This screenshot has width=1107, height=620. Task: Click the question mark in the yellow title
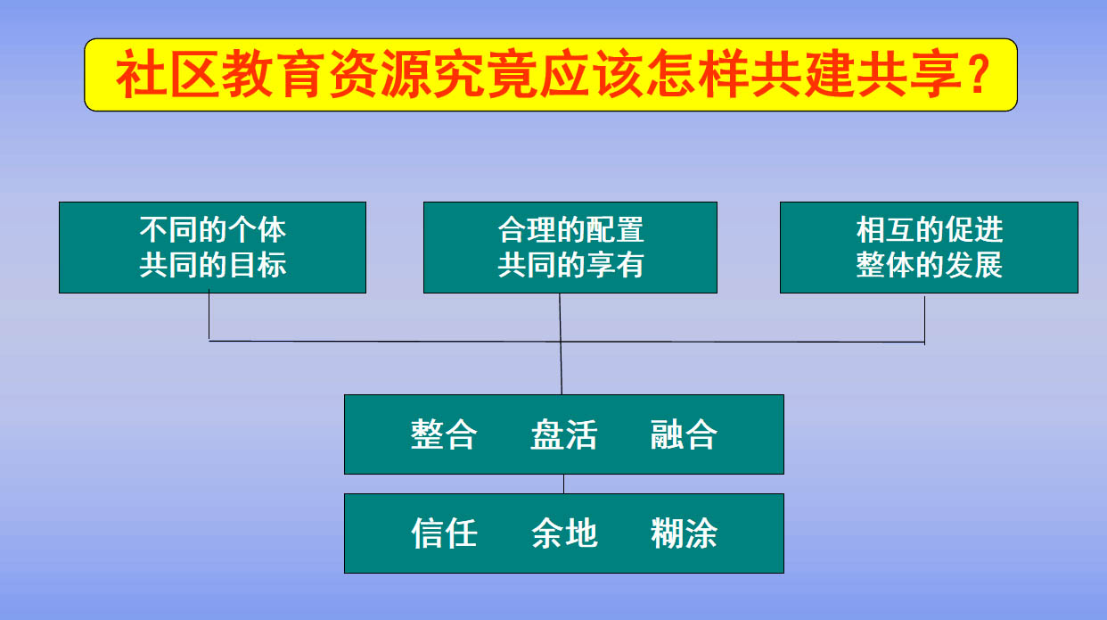pos(980,74)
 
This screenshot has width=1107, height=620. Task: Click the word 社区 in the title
pos(168,74)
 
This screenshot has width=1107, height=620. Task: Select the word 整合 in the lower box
pos(444,434)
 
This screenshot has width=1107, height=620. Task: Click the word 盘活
pos(564,434)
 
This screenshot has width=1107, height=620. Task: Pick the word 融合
pos(684,434)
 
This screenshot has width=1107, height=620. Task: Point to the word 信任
pos(444,533)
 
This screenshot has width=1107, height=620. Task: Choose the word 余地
pos(564,533)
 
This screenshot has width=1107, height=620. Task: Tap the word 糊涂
pos(684,533)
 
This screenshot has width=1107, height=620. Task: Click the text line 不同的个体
pos(212,230)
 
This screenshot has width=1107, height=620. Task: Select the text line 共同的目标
pos(212,265)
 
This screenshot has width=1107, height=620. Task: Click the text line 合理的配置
pos(570,230)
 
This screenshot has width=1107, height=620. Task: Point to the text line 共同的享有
pos(570,265)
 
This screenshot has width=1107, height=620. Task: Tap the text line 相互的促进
pos(929,230)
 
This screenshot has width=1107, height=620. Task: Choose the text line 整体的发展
pos(929,265)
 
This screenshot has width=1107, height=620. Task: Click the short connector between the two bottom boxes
pos(564,484)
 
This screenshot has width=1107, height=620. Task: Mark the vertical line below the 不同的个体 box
pos(209,316)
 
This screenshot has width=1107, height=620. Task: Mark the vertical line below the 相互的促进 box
pos(924,319)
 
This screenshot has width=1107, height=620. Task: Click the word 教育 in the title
pos(274,74)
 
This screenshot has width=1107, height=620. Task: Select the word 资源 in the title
pos(380,74)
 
